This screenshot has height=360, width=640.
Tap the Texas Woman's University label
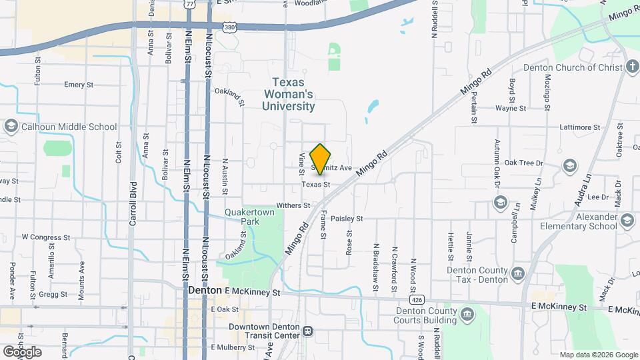[x=289, y=94]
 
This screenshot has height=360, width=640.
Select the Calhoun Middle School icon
[x=11, y=127]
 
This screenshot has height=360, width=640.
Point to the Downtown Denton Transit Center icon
[x=307, y=331]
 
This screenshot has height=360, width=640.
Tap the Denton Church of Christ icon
[x=631, y=67]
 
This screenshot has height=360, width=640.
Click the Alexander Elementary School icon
[x=626, y=221]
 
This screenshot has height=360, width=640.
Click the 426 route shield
[x=417, y=300]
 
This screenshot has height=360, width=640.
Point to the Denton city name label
[x=205, y=291]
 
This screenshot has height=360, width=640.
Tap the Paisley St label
[x=346, y=218]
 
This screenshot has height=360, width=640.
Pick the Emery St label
[x=79, y=85]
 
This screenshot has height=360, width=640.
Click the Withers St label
[x=293, y=205]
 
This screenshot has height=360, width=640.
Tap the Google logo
[x=22, y=351]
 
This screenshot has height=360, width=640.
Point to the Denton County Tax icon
[x=519, y=273]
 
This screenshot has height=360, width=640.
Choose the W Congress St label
[x=46, y=237]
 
